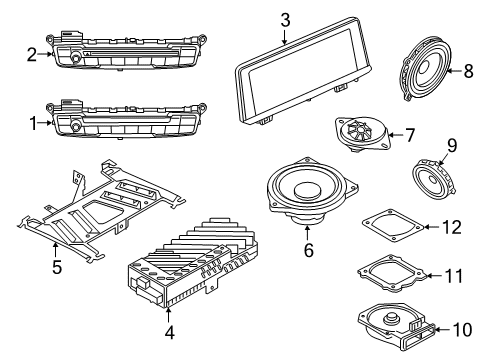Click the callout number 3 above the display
tap(285, 19)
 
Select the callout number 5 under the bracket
tap(56, 267)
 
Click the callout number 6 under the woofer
tap(308, 251)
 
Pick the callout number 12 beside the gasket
tap(452, 227)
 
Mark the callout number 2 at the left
tap(32, 54)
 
